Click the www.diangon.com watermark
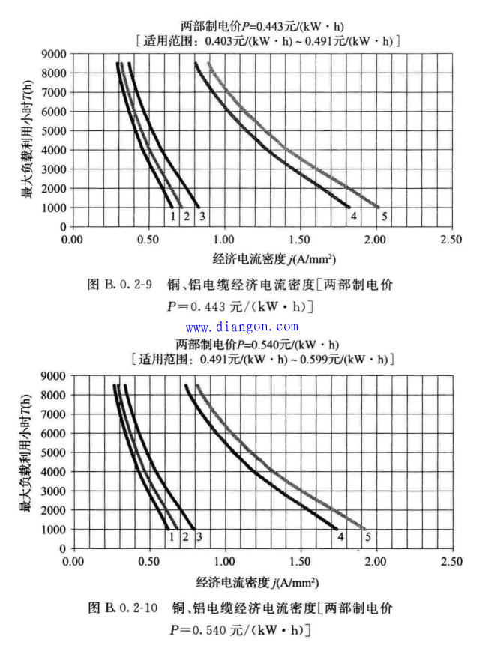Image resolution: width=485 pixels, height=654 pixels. [x=241, y=327]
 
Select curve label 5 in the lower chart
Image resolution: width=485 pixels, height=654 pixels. [x=367, y=536]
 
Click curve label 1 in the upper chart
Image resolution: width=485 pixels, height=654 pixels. [x=173, y=217]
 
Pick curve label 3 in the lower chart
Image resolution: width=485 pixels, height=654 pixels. [x=199, y=536]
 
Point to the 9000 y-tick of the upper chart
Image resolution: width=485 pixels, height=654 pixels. [x=53, y=55]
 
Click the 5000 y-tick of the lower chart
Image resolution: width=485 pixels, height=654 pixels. [x=53, y=452]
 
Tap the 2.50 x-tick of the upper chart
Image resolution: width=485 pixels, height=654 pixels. [x=451, y=240]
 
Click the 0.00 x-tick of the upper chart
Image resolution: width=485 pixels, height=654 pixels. [x=73, y=240]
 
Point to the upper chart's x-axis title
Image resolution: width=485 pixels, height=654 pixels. [x=274, y=259]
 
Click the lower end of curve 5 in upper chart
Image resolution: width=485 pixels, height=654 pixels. [x=379, y=207]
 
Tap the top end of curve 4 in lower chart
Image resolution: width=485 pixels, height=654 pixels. [x=185, y=385]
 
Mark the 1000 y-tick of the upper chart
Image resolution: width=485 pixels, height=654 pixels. [x=53, y=208]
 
